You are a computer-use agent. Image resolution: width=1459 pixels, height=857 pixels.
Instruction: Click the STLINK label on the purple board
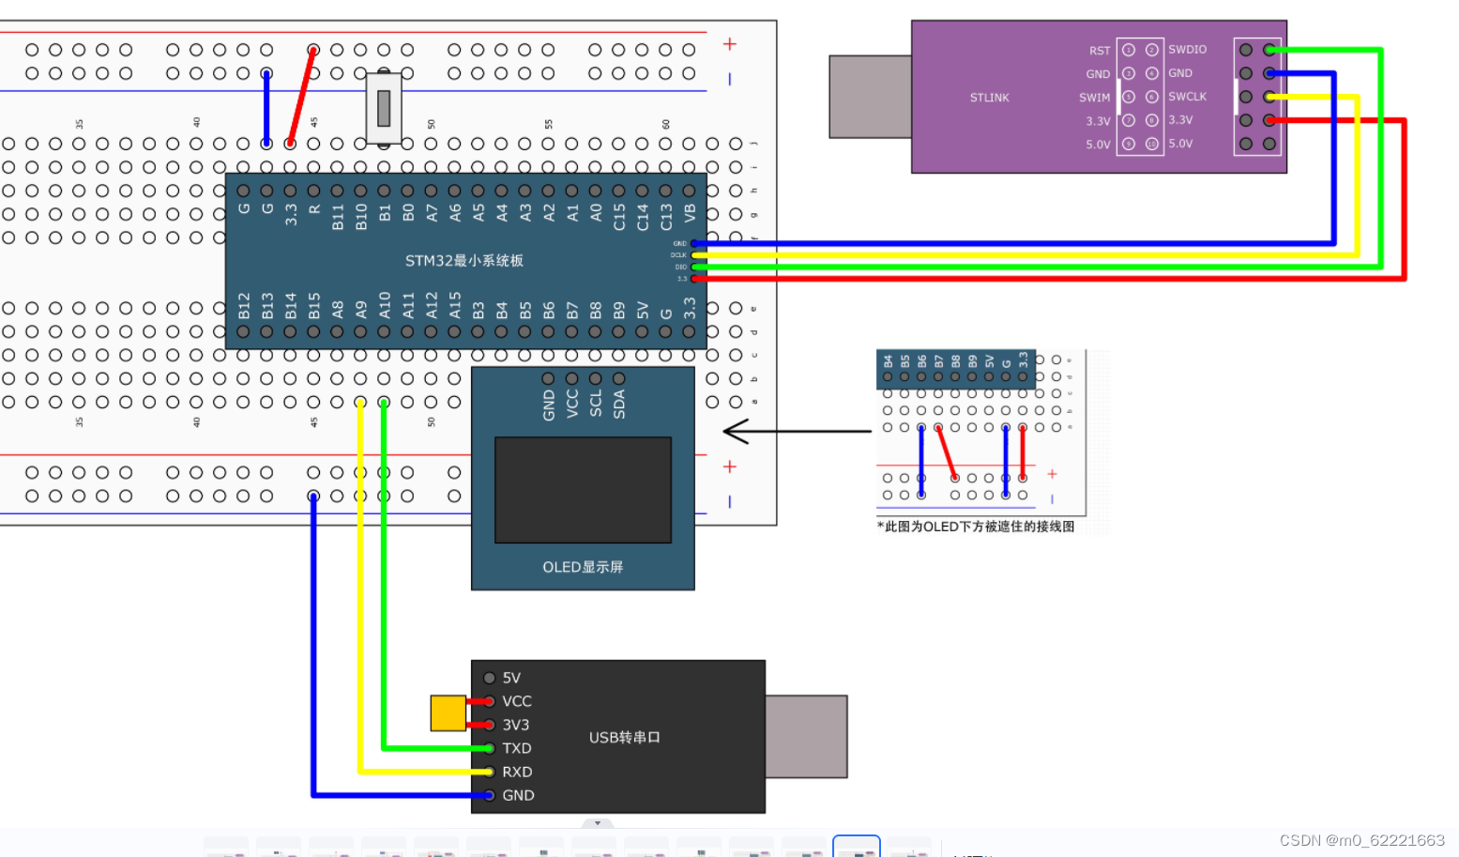(x=989, y=98)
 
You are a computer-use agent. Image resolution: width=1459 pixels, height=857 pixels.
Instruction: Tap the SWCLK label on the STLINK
(x=1187, y=97)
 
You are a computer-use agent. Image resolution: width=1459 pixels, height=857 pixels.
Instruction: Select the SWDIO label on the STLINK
(x=1187, y=50)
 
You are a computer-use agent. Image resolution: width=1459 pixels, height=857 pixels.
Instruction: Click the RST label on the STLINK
(x=1099, y=51)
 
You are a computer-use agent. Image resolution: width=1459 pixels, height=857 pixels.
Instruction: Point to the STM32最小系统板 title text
(x=464, y=260)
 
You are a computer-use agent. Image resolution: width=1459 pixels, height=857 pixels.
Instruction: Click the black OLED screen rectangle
(x=583, y=489)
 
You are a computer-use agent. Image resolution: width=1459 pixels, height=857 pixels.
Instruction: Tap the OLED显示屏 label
(x=582, y=567)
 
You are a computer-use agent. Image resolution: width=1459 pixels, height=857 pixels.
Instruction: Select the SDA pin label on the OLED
(x=619, y=405)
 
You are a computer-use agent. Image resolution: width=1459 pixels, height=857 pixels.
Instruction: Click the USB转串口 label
(x=624, y=738)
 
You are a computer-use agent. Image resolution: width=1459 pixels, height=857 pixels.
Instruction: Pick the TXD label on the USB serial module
(x=516, y=748)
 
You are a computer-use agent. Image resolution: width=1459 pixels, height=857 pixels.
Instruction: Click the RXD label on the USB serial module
(x=516, y=772)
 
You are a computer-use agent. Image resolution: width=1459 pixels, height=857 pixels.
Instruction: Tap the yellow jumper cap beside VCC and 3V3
(x=448, y=713)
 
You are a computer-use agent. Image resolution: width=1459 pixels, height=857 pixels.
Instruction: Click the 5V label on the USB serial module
(x=511, y=678)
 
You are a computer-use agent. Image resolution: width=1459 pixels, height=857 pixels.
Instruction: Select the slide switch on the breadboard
(x=384, y=108)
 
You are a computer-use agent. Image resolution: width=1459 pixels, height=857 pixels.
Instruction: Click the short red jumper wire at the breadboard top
(x=301, y=97)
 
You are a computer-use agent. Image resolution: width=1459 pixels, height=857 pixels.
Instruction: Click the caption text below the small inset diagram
(x=976, y=527)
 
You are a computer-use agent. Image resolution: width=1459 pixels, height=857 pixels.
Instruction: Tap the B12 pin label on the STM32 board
(x=244, y=305)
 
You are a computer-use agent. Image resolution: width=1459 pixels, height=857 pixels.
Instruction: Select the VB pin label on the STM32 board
(x=690, y=213)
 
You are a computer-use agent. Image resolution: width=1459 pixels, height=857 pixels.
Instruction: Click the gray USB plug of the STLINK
(x=870, y=97)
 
